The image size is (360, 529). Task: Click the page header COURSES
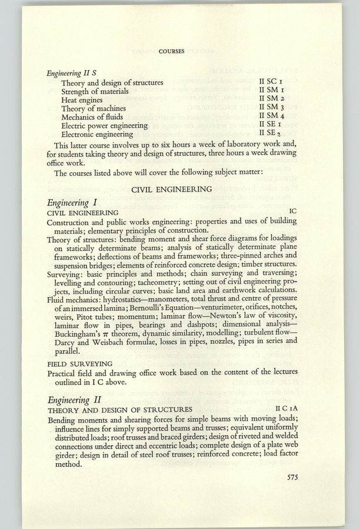tap(171, 51)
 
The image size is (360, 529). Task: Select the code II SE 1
tap(275, 125)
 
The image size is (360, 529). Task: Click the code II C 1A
tap(289, 409)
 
